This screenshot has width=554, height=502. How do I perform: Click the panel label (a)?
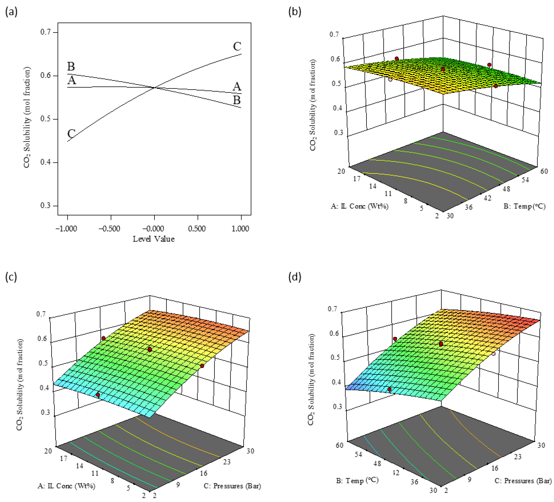point(11,12)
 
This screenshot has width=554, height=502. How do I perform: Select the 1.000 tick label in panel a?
point(240,228)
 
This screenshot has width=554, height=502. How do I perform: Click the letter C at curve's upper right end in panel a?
point(237,46)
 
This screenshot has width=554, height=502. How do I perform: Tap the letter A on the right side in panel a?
point(237,87)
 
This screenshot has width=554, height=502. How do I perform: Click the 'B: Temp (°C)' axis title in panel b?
point(524,206)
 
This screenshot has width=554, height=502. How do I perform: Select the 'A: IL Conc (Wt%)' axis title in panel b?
point(359,206)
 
